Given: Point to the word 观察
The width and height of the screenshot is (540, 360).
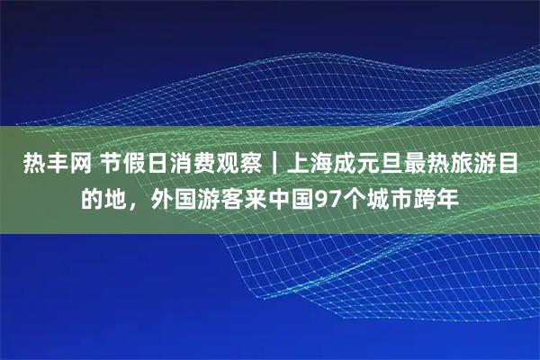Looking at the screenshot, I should pos(238,165).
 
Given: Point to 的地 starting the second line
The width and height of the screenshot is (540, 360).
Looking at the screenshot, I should pos(104,197).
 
